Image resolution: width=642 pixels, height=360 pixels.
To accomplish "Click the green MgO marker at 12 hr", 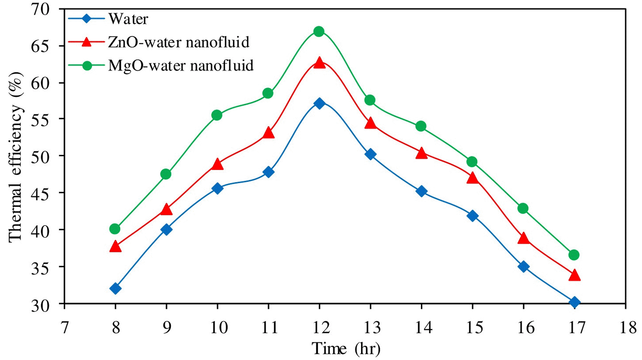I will (319, 31).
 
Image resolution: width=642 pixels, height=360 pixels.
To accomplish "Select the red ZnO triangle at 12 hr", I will (319, 63).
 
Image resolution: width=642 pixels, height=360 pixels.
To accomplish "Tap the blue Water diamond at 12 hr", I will (319, 103).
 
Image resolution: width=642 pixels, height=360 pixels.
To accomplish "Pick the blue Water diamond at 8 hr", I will (115, 288).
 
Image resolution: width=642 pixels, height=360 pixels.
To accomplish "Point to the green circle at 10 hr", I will (217, 115).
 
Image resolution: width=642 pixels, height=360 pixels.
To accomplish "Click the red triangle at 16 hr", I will (523, 239).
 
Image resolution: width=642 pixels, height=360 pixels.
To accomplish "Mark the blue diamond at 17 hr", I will (574, 302).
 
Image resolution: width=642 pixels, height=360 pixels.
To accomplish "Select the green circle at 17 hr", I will (574, 255).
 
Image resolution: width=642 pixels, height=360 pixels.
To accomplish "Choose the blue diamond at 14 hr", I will (421, 191).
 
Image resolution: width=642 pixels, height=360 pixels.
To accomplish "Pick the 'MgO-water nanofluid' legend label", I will (181, 66).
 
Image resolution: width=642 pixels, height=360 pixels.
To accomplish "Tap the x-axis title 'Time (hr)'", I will (346, 349).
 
